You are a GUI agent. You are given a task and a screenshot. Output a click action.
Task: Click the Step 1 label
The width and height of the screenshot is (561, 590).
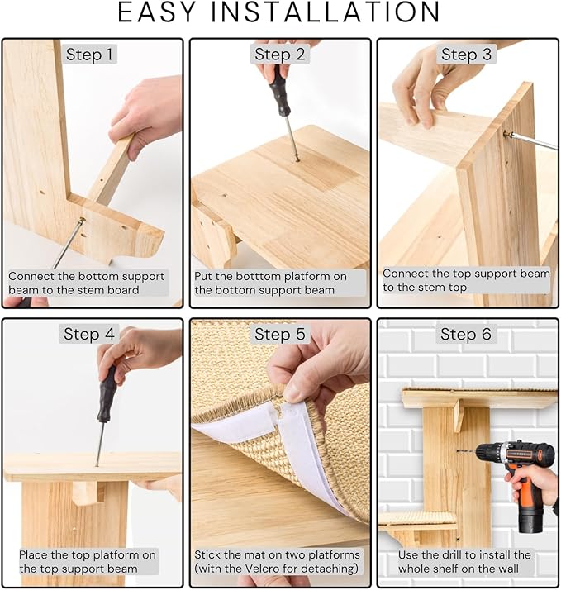tap(89, 55)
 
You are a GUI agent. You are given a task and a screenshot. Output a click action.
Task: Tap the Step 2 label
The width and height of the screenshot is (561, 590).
tap(279, 55)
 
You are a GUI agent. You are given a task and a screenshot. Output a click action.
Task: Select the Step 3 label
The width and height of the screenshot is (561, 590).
tap(466, 55)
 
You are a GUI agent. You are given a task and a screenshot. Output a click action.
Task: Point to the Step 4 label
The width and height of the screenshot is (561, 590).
tap(88, 334)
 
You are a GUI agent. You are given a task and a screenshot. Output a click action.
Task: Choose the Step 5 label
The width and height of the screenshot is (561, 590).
tap(279, 334)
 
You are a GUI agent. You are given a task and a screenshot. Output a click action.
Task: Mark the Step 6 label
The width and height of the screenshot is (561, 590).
tap(466, 334)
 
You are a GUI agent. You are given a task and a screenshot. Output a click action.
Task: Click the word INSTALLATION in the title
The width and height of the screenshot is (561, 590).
tap(325, 12)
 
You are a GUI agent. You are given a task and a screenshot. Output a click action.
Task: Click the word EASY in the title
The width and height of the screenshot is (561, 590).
tap(157, 12)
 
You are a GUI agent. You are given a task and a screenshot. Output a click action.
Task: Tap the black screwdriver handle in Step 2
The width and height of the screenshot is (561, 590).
tap(279, 90)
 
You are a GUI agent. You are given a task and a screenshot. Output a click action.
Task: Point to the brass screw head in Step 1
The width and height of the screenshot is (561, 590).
tap(83, 220)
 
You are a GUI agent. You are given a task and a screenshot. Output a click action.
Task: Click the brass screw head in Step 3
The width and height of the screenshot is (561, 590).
tap(506, 133)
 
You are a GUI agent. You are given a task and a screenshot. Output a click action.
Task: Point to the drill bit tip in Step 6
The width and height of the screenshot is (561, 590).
tap(457, 450)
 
